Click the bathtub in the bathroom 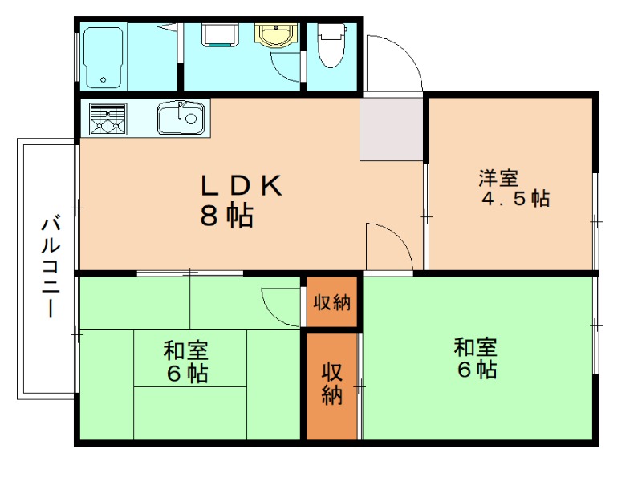tap(104, 58)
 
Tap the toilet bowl tap(331, 45)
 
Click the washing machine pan tap(220, 34)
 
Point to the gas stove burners tap(108, 119)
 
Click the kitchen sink tap(181, 118)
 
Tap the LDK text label tap(242, 185)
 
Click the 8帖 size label tap(226, 215)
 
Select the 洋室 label tap(498, 178)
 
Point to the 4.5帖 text tap(515, 199)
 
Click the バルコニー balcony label tap(51, 268)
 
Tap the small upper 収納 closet tap(332, 302)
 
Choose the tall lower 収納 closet tap(332, 386)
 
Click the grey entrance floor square tap(392, 129)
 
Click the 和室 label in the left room tap(186, 350)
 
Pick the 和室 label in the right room tap(476, 347)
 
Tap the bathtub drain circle tap(103, 80)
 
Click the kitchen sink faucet tap(180, 111)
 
